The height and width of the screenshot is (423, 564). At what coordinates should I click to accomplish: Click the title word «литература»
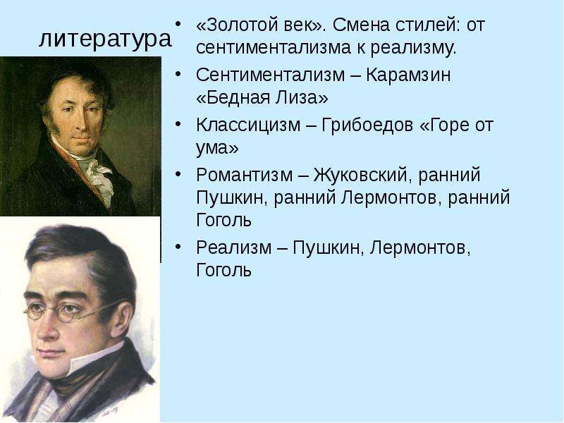104,39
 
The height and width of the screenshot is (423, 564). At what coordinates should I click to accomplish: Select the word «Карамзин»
408,75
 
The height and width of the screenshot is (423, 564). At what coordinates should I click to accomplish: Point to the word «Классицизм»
249,125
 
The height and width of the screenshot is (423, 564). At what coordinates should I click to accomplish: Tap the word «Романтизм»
245,175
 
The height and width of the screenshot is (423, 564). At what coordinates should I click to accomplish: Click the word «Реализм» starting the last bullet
234,247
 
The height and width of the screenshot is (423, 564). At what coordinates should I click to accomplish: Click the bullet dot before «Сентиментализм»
178,73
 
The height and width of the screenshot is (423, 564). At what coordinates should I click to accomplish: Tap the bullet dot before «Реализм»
178,246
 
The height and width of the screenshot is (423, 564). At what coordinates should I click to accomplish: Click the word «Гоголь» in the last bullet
223,270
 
